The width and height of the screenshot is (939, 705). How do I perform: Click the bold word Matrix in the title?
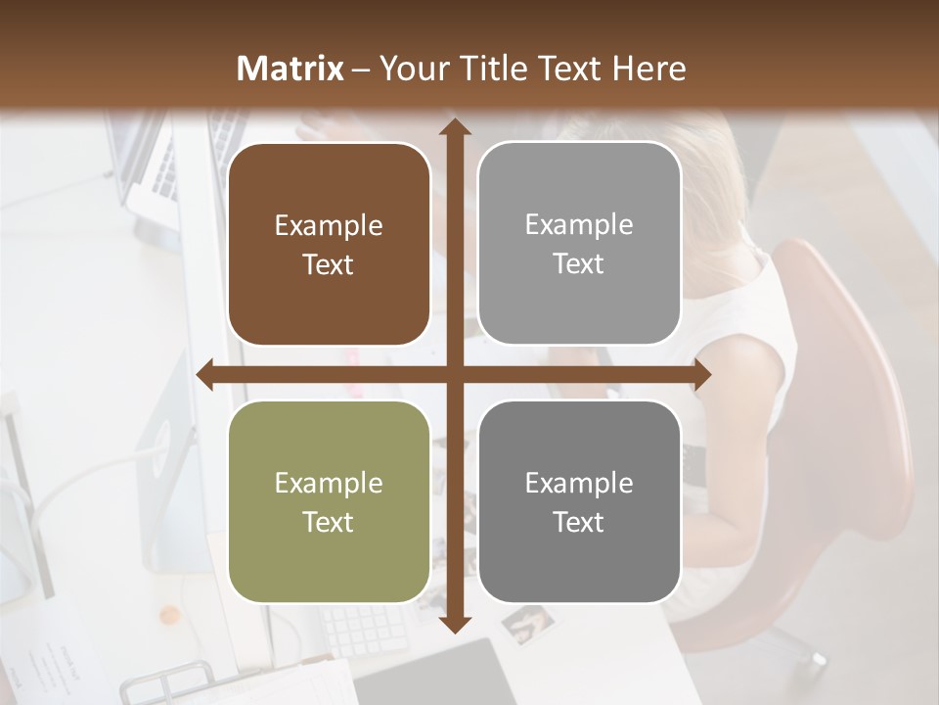click(x=291, y=69)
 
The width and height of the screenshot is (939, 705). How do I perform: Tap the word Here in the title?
click(x=649, y=69)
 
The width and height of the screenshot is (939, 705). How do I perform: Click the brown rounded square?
click(x=329, y=245)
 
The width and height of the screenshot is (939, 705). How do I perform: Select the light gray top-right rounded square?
click(x=579, y=244)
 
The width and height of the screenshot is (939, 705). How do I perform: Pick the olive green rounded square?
click(x=329, y=502)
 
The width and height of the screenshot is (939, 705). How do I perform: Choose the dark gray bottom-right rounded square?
click(x=579, y=502)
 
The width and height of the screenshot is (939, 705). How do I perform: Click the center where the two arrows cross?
click(x=454, y=374)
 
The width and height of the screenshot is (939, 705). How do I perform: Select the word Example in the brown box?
click(x=329, y=226)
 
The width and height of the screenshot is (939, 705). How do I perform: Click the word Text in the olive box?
click(x=329, y=523)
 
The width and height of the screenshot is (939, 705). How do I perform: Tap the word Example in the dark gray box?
click(x=579, y=483)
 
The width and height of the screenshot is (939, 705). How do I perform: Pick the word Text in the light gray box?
click(x=579, y=264)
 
